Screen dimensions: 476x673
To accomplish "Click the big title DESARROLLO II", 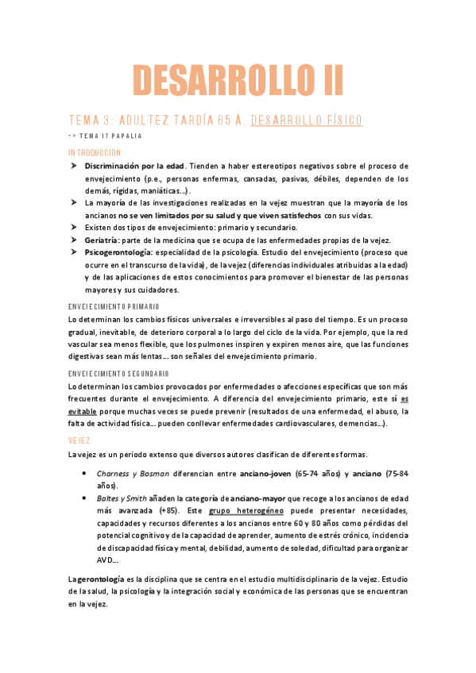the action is pyautogui.click(x=238, y=80).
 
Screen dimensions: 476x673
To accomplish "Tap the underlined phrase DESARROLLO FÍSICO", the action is pyautogui.click(x=307, y=121).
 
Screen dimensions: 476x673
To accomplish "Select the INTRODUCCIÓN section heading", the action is pyautogui.click(x=95, y=152).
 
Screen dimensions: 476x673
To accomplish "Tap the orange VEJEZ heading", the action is pyautogui.click(x=79, y=439).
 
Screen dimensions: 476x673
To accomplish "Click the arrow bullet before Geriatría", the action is pyautogui.click(x=72, y=239).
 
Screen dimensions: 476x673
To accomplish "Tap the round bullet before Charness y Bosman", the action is pyautogui.click(x=85, y=474).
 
